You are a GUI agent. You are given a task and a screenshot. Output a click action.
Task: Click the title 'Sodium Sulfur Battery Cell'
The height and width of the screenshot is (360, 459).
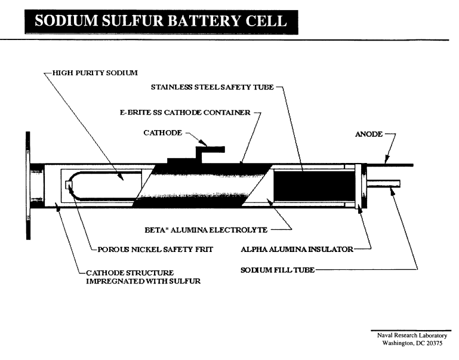coord(161,21)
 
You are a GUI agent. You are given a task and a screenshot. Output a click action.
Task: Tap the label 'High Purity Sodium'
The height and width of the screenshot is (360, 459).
coord(96,73)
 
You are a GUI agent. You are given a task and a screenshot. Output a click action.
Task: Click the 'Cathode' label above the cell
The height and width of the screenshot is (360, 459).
coord(164,134)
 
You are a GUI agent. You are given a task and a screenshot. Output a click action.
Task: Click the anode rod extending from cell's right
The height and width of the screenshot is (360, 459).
coord(394,164)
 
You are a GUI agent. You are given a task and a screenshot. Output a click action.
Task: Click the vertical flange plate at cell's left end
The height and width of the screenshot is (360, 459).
coord(27,185)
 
